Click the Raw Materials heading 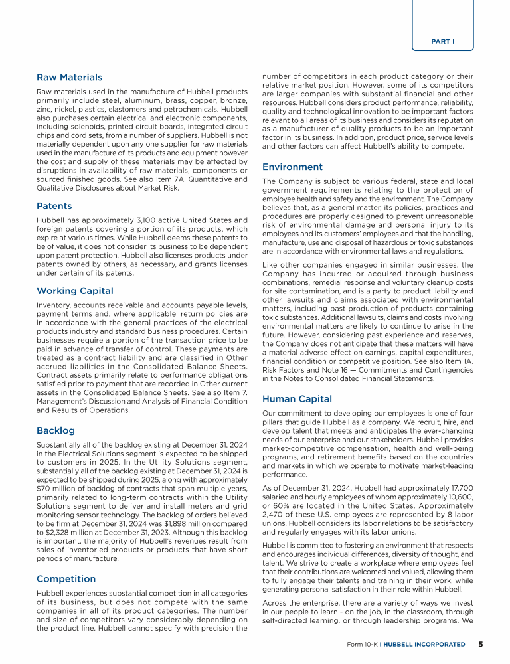pos(69,78)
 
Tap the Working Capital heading pos(74,291)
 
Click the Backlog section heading pos(56,430)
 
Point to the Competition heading pos(66,579)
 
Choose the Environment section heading pos(292,167)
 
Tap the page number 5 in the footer pos(481,644)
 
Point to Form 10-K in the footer pos(367,645)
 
